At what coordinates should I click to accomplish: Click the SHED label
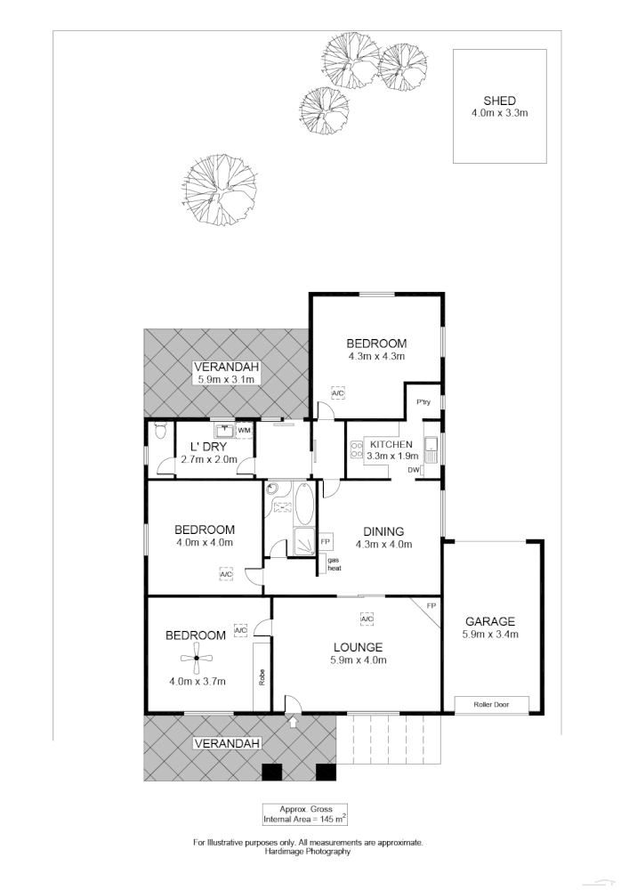click(x=499, y=101)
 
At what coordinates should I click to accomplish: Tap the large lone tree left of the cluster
click(x=220, y=189)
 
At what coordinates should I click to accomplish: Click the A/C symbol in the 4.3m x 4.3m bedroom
click(x=337, y=392)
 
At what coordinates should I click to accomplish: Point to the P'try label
click(x=423, y=403)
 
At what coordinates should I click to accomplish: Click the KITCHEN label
click(x=391, y=444)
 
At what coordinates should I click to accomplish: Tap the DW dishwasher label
click(x=413, y=469)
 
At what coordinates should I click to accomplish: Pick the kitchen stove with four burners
click(x=355, y=449)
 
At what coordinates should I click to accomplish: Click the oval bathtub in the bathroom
click(x=303, y=503)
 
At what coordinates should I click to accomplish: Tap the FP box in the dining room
click(x=326, y=541)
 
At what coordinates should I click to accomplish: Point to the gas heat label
click(x=335, y=563)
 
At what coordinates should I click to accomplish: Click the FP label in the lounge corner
click(x=431, y=606)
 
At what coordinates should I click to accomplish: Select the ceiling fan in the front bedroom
click(x=197, y=659)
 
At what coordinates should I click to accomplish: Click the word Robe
click(x=262, y=677)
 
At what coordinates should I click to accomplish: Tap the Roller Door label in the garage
click(x=493, y=704)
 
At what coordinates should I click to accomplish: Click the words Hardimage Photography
click(x=308, y=851)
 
